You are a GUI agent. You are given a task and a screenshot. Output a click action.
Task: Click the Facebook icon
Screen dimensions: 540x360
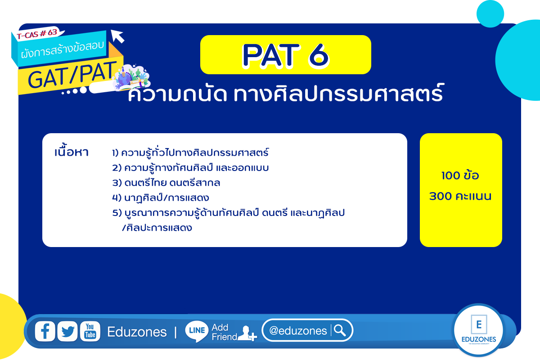[x=45, y=331]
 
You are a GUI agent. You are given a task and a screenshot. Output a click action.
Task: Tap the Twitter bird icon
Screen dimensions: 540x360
[x=67, y=331]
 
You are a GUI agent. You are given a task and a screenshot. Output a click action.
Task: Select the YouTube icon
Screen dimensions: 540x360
[x=90, y=331]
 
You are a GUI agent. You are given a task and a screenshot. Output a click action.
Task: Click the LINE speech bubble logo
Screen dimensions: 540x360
[x=197, y=331]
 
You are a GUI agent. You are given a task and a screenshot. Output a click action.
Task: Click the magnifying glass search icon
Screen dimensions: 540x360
[x=340, y=330]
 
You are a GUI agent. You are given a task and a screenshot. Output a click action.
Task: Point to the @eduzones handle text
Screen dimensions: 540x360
[x=298, y=331]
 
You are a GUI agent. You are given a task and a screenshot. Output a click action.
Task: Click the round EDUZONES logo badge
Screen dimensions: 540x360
[x=478, y=329]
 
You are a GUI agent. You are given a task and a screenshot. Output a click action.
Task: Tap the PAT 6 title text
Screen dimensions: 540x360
[x=286, y=55]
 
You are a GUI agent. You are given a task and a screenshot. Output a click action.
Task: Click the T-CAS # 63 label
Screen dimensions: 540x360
[x=37, y=34]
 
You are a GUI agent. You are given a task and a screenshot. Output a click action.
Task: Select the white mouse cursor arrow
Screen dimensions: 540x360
[x=117, y=36]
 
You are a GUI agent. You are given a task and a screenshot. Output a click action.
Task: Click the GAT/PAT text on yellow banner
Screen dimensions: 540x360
[x=72, y=75]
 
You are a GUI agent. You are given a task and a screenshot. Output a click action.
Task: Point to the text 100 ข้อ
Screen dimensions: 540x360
[x=460, y=175]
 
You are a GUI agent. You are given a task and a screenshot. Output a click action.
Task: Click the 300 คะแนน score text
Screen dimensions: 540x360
[x=460, y=196]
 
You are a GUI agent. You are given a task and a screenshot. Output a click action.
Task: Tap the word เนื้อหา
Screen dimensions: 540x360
[x=72, y=151]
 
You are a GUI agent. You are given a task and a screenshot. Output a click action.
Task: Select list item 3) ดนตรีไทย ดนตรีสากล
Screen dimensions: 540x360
[x=166, y=182]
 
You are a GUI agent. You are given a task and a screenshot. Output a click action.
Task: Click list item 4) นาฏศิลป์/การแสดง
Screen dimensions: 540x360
[x=161, y=197]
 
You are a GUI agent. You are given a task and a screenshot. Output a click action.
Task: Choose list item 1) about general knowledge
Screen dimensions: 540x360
[x=190, y=152]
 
